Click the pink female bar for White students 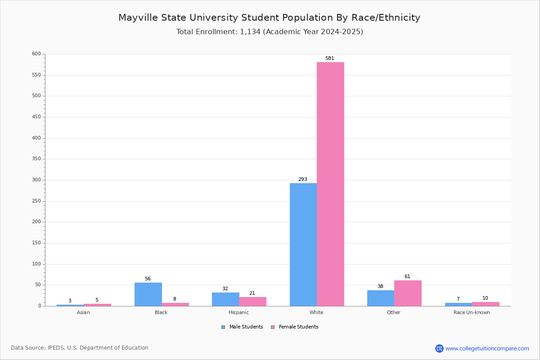tap(330, 184)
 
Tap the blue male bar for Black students tap(148, 294)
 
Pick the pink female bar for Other tap(408, 293)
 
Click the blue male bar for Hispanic tap(225, 299)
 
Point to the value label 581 tap(330, 58)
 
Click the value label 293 tap(303, 180)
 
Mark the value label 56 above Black tap(148, 279)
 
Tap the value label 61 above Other tap(407, 277)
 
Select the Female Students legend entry tap(295, 327)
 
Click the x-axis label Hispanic tap(238, 313)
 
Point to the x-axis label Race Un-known tap(472, 313)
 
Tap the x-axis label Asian tap(83, 313)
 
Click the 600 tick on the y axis tap(36, 54)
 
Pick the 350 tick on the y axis tap(36, 159)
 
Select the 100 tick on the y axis tap(36, 264)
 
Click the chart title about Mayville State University tap(269, 18)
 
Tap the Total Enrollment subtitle tap(270, 32)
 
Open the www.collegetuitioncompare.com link tap(487, 349)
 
